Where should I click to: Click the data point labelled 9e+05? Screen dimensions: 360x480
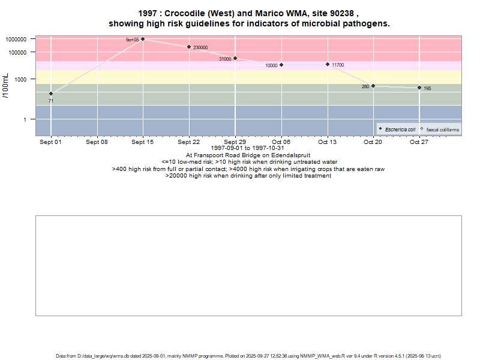pos(143,39)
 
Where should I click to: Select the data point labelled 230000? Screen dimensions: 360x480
pos(189,47)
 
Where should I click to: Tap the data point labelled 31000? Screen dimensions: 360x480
pos(235,58)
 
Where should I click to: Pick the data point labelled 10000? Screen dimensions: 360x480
pos(281,65)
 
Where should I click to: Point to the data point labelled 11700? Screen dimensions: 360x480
pos(328,64)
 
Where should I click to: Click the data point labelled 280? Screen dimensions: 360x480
pos(373,86)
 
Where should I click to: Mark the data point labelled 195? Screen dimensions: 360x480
pos(419,88)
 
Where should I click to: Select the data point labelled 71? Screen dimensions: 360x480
pos(51,94)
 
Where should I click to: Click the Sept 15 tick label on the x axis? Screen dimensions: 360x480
pos(143,142)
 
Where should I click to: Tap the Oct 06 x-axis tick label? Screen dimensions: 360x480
pos(281,142)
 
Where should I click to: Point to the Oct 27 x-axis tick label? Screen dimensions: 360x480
pos(419,142)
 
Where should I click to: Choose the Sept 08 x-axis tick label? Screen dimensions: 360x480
pos(97,142)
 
